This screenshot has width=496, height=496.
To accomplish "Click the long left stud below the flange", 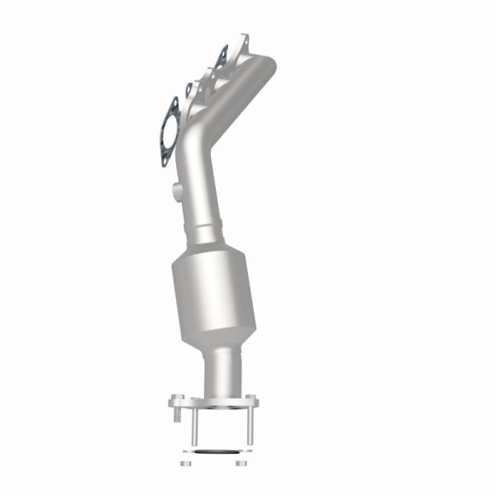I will (x=195, y=427).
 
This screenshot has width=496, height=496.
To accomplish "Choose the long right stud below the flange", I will (x=246, y=427).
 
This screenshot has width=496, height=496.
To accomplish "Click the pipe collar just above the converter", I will (x=211, y=231).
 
